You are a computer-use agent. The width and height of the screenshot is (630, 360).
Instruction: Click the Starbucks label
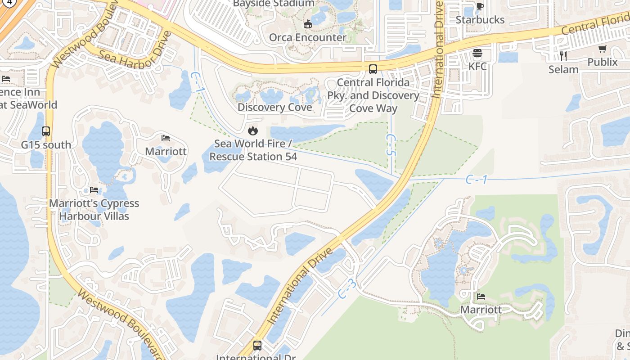[480, 20]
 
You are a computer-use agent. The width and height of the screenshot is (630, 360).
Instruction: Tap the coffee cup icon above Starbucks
[480, 6]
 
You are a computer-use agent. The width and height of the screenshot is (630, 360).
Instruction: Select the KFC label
[477, 66]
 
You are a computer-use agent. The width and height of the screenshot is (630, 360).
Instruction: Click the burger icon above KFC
[477, 54]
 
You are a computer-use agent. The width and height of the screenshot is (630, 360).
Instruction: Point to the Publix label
[603, 62]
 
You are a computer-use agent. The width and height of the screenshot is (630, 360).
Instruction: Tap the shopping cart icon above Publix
[603, 49]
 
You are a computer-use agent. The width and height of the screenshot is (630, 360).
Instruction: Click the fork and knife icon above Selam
[563, 56]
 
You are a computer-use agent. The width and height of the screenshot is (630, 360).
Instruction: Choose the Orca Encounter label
[308, 37]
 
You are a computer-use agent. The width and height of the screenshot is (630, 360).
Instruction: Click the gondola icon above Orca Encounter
[308, 24]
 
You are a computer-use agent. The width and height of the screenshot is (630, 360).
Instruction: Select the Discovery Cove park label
[274, 107]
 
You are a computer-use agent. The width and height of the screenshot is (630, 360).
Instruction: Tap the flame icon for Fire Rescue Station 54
[253, 131]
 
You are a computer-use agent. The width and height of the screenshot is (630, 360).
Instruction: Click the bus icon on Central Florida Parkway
[373, 69]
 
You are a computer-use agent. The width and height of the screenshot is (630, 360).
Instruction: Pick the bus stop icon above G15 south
[46, 131]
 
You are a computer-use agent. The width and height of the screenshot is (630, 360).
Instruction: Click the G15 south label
[46, 145]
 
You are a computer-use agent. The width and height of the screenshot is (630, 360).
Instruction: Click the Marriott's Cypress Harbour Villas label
[94, 209]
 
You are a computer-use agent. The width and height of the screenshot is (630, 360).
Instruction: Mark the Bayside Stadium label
[274, 4]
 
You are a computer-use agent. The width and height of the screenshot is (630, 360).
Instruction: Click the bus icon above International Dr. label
[257, 346]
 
